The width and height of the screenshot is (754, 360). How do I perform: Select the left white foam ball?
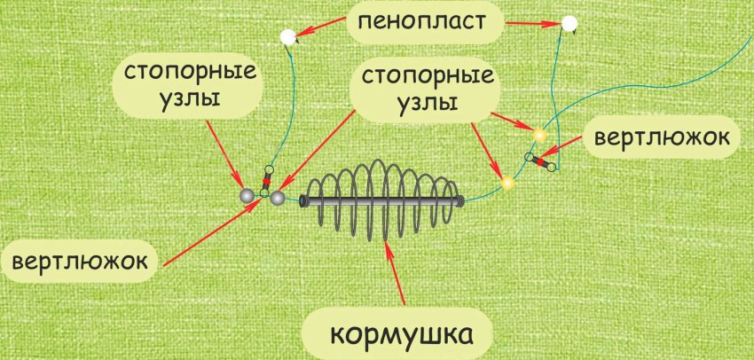tap(287, 37)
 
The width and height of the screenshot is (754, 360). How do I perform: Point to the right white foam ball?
tap(569, 23)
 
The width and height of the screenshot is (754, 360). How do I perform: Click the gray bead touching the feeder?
tap(278, 199)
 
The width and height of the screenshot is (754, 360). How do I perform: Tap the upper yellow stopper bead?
tap(538, 136)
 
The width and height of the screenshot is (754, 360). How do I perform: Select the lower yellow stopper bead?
tap(507, 184)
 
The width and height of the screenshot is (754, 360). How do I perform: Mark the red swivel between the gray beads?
tap(265, 180)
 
